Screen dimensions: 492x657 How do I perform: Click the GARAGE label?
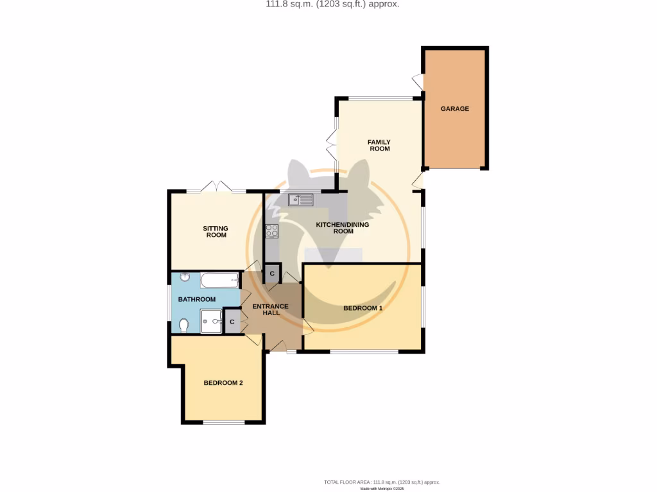coord(454,109)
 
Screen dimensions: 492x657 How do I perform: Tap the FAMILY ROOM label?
coord(379,145)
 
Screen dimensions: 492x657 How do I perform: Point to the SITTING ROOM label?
coord(216,231)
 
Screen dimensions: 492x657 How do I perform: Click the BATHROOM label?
coord(196,299)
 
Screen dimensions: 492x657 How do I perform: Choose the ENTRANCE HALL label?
coord(270,309)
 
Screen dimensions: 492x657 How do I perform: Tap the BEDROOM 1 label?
coord(363,308)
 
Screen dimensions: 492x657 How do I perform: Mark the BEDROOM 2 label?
coord(223,383)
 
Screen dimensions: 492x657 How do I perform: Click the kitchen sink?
coord(300,200)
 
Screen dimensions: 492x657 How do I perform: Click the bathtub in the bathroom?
coord(219,280)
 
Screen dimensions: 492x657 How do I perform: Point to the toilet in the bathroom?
coord(183,325)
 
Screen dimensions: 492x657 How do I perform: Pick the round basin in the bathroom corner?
coord(184,277)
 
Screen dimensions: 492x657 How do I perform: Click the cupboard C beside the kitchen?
coord(272,274)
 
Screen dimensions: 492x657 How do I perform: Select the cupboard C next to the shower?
coord(232,321)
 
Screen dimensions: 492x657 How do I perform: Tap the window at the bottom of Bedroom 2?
coord(224,422)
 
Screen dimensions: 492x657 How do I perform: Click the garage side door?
coord(418,82)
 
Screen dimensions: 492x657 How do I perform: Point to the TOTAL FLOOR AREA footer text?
coord(382,482)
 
